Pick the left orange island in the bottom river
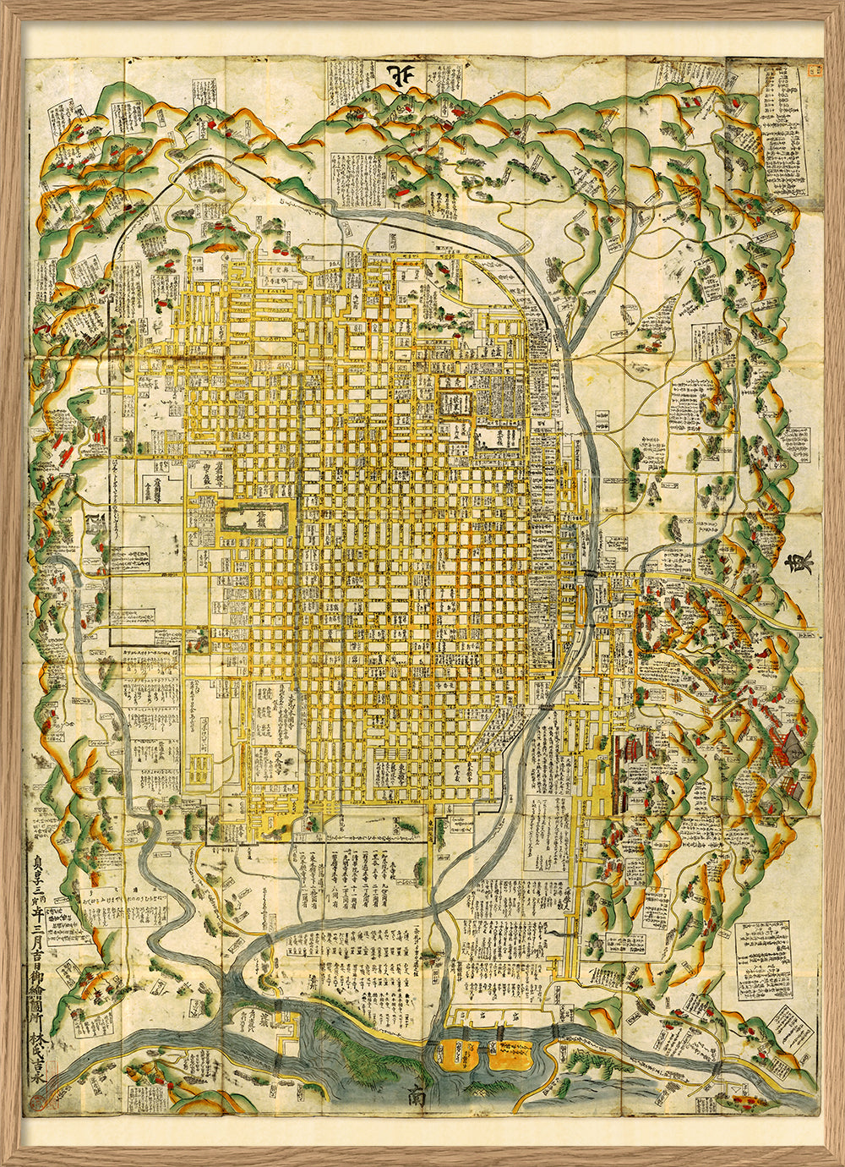pyautogui.click(x=456, y=1053)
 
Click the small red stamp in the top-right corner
pyautogui.click(x=813, y=72)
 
